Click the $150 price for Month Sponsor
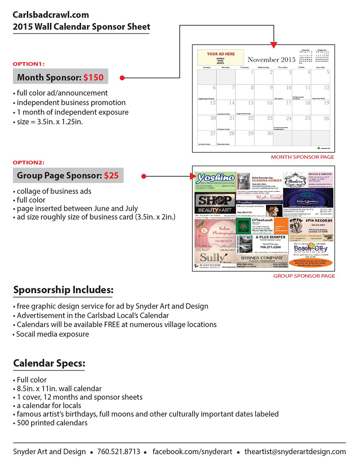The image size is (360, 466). (x=93, y=77)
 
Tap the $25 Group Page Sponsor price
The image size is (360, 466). (x=111, y=176)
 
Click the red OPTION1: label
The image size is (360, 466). (x=29, y=64)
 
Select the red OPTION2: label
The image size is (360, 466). (x=29, y=163)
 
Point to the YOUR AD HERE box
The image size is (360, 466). (x=221, y=57)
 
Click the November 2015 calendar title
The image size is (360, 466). (x=271, y=60)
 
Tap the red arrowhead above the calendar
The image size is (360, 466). (x=274, y=45)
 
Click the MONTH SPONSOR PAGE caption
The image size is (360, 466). (x=302, y=157)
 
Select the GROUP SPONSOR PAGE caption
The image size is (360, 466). (x=304, y=276)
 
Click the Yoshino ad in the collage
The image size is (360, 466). (x=215, y=180)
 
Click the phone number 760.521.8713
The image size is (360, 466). (x=119, y=452)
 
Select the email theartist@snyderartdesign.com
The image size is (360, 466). (x=295, y=452)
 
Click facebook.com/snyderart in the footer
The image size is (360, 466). (x=192, y=452)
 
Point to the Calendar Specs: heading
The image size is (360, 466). (x=49, y=363)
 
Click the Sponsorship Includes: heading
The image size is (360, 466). (x=63, y=290)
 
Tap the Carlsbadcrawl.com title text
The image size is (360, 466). (x=51, y=15)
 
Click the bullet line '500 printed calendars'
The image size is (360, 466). (x=52, y=423)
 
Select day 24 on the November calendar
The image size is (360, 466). (x=289, y=119)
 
